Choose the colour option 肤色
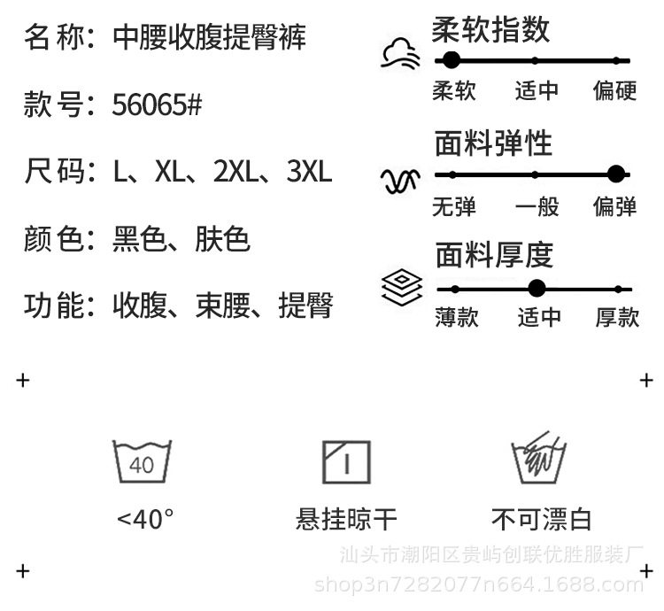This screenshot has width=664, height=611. pyautogui.click(x=222, y=238)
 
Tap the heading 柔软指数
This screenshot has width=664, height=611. pyautogui.click(x=490, y=29)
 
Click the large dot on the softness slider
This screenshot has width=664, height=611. pyautogui.click(x=451, y=60)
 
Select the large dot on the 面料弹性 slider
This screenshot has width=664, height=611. pyautogui.click(x=616, y=174)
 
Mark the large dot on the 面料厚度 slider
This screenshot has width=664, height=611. pyautogui.click(x=536, y=288)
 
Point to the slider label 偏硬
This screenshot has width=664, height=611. pyautogui.click(x=615, y=90)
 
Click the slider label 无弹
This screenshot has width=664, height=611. pyautogui.click(x=454, y=206)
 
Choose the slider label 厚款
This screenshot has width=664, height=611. pyautogui.click(x=616, y=317)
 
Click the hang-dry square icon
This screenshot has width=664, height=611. pyautogui.click(x=346, y=461)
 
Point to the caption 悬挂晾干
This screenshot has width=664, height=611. pyautogui.click(x=346, y=518)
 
